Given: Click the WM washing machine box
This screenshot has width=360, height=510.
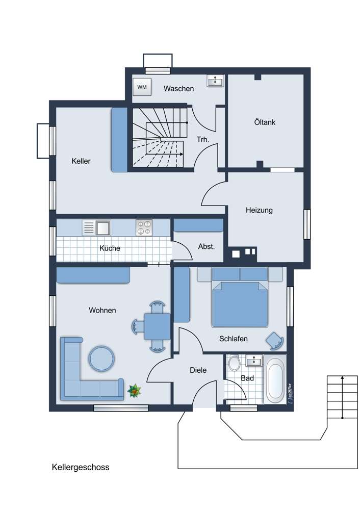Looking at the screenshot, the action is click(142, 87).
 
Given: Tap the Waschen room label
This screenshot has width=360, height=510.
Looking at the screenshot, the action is click(178, 88).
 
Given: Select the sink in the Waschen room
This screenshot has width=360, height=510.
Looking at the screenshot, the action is click(215, 81).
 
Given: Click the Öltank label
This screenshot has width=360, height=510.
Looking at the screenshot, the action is click(265, 122).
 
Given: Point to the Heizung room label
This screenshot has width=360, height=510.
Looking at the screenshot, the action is click(259, 210).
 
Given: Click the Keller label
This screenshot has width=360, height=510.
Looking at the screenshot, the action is click(81, 161).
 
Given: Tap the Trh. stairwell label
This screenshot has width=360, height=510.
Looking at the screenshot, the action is click(203, 140).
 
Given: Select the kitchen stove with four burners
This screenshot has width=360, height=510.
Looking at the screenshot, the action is click(144, 227).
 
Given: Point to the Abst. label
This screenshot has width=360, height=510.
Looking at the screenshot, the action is click(207, 246).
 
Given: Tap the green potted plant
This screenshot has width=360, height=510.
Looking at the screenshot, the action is click(134, 390).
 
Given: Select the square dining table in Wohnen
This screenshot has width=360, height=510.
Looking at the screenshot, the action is click(157, 326).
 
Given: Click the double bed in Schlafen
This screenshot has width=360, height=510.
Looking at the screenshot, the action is click(240, 297).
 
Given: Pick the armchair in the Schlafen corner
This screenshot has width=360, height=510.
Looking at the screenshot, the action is click(275, 341).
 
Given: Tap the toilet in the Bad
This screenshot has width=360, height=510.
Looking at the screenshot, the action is click(234, 363).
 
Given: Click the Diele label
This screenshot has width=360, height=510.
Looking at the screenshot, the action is click(198, 370).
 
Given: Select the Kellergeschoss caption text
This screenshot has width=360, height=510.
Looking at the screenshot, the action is click(81, 467).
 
